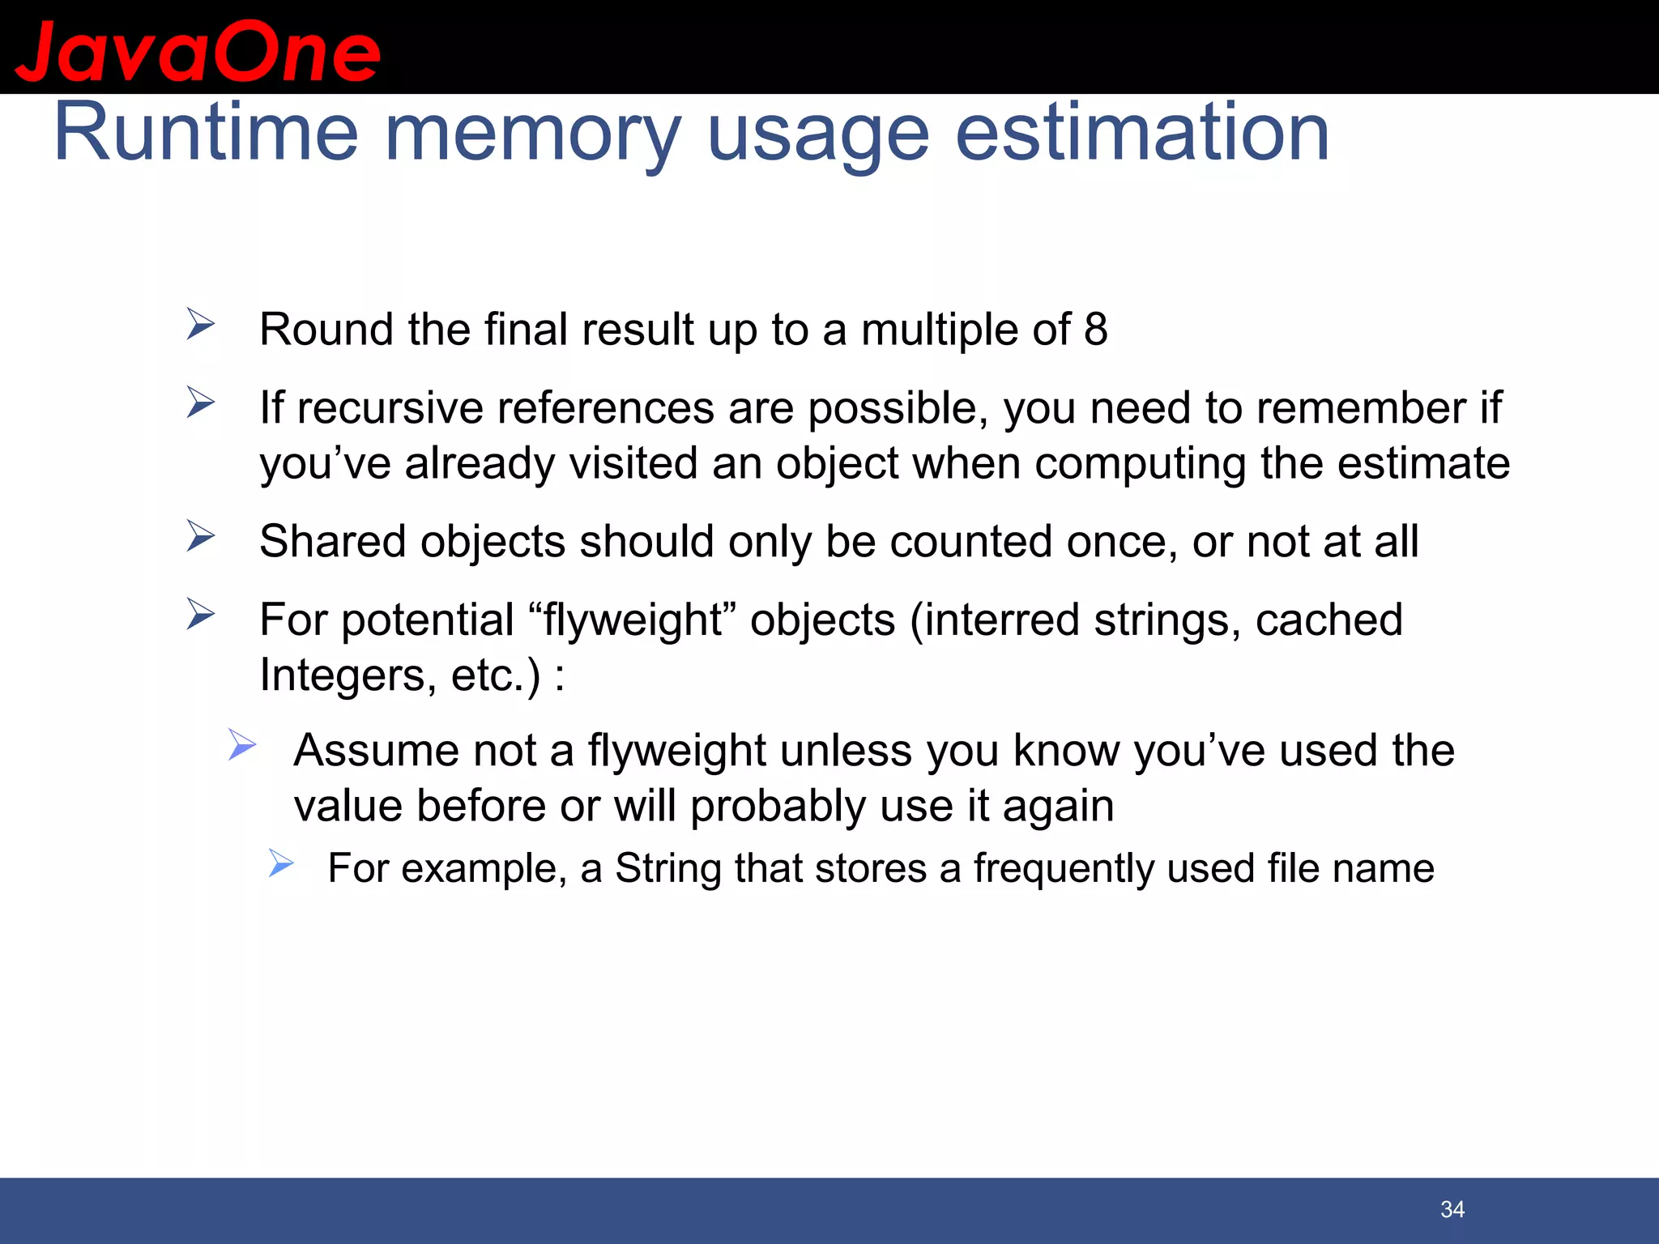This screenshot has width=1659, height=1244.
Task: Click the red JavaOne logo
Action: [198, 53]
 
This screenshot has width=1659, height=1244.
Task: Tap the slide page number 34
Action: [1452, 1209]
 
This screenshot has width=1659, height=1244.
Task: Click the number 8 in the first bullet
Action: [1095, 330]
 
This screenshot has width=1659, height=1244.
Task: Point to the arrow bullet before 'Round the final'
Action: [200, 324]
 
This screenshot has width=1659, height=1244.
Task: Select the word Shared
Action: [331, 541]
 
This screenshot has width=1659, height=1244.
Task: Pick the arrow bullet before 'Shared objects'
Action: [200, 535]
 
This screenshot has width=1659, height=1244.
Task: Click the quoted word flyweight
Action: [633, 620]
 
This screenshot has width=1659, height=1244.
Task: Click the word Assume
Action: [374, 750]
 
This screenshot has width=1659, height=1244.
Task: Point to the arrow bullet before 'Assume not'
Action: [241, 744]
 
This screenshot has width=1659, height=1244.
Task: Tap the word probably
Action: [778, 807]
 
